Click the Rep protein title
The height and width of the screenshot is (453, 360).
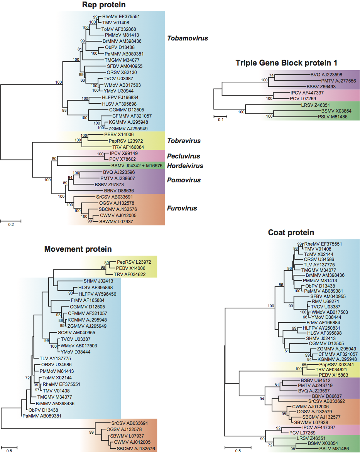coord(104,5)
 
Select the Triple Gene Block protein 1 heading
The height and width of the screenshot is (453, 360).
coord(287,64)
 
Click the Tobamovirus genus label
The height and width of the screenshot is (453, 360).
coord(188,38)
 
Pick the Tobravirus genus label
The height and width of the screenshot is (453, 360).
coord(184,141)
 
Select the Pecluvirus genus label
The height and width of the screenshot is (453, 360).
coord(183,156)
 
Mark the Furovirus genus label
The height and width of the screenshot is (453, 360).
coord(182,208)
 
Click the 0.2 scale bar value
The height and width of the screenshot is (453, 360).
coord(10,226)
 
